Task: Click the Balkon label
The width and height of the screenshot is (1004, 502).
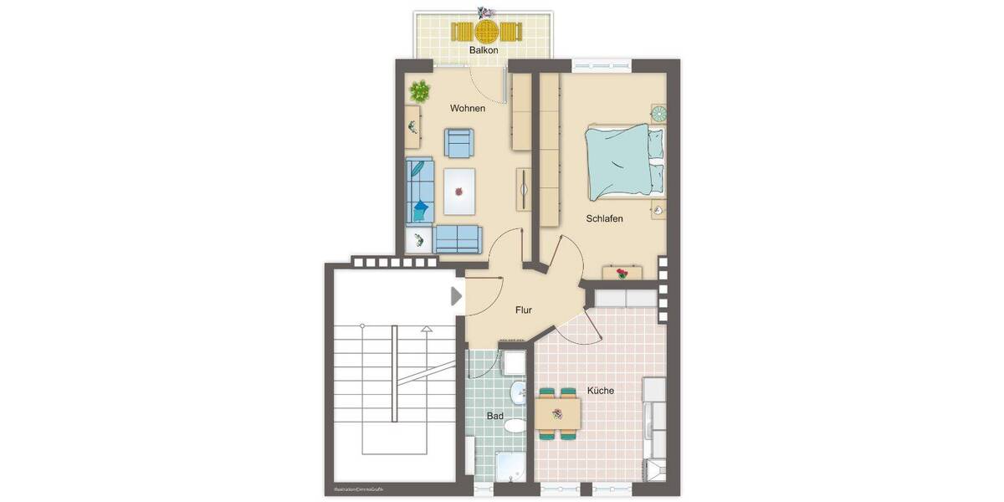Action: [484, 50]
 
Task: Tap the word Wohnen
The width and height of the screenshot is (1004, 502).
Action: [468, 109]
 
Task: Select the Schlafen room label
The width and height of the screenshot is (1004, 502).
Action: [604, 218]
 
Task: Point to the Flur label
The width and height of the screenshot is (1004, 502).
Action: [523, 310]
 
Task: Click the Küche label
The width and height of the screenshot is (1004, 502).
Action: [601, 391]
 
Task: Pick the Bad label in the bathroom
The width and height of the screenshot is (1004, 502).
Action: [495, 415]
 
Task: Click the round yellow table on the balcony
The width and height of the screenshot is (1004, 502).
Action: [485, 32]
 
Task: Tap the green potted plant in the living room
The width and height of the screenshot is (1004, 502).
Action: [420, 90]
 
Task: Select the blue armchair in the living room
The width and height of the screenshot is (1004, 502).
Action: [458, 143]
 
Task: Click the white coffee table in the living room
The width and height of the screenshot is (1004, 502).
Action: [458, 192]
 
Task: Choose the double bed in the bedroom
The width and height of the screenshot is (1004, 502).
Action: [623, 162]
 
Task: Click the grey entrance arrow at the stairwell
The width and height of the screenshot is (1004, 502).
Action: [456, 296]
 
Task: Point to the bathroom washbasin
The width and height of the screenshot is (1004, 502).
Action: [518, 392]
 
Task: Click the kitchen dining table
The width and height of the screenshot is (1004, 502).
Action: [558, 411]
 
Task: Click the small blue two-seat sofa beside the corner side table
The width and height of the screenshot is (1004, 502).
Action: [457, 239]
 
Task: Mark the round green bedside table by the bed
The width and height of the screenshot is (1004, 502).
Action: [658, 113]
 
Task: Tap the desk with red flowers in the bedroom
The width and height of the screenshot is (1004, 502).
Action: [622, 273]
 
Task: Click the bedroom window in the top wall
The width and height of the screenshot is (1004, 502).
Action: [602, 65]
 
